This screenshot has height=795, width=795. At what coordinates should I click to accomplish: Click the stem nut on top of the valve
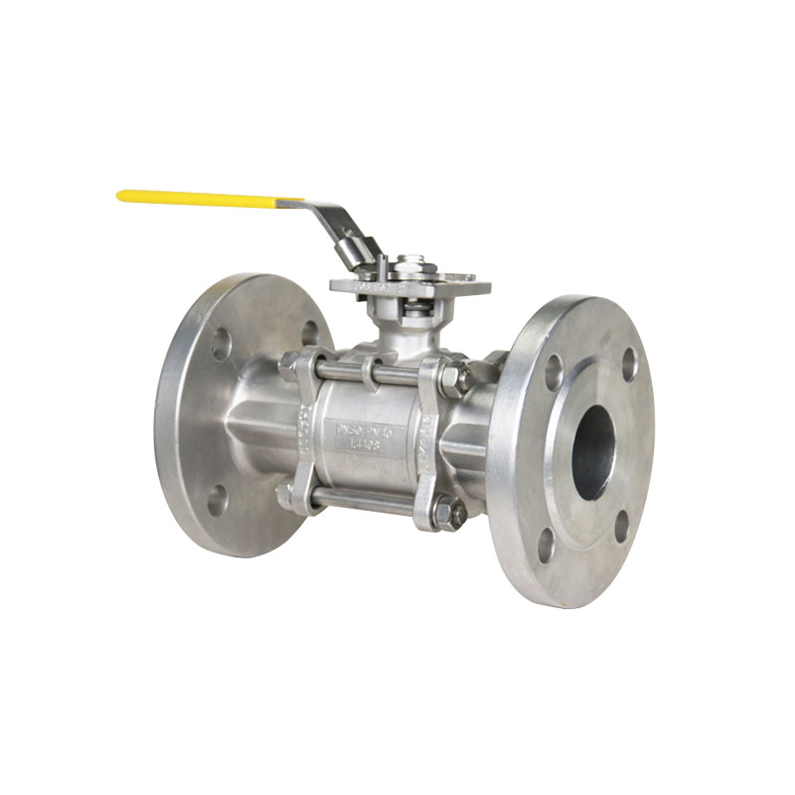(x=407, y=266)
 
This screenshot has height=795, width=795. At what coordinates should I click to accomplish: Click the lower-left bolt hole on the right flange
(x=546, y=543)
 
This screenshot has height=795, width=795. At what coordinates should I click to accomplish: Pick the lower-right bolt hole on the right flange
(x=622, y=526)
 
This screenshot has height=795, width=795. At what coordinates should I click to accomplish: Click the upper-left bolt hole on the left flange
(x=221, y=343)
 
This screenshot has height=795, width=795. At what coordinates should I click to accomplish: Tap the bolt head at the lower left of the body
(x=289, y=494)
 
